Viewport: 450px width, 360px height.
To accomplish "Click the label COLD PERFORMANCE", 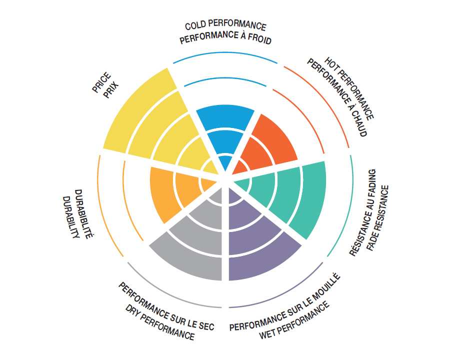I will click(x=225, y=26).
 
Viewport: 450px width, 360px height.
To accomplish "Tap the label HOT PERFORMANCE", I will click(x=350, y=88).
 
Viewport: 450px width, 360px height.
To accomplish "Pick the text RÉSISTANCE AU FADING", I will click(x=367, y=214).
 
